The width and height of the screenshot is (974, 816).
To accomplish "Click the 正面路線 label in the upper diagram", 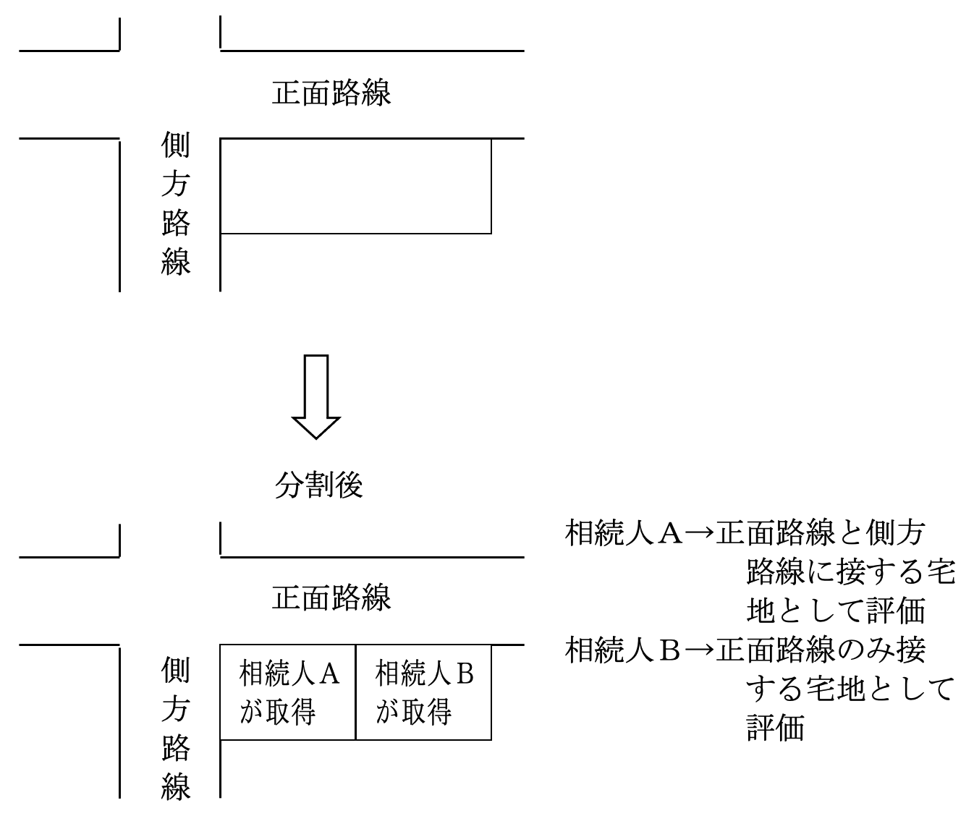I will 331,93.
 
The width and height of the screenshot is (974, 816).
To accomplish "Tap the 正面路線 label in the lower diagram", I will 331,598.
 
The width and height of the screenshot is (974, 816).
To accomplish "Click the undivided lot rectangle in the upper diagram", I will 355,186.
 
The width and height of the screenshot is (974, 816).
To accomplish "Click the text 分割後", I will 318,485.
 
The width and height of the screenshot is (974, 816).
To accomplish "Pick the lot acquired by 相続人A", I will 288,692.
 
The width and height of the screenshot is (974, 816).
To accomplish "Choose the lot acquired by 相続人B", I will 424,692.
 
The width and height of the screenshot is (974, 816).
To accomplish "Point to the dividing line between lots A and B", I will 356,692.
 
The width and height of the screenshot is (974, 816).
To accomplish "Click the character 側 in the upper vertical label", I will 176,146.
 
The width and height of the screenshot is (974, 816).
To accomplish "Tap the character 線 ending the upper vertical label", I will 176,260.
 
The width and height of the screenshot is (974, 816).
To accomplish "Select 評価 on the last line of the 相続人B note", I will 775,728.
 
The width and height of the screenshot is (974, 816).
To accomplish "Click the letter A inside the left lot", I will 329,673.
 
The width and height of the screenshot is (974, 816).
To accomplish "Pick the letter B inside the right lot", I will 465,673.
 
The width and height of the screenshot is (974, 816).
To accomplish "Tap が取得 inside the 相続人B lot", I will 414,712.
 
